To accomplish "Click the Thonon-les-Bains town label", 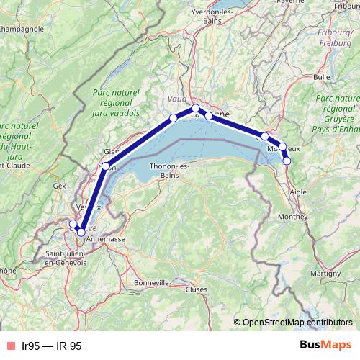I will click(168, 170).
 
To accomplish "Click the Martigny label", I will click(325, 274).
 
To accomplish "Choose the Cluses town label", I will click(196, 289).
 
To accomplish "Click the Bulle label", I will click(322, 76).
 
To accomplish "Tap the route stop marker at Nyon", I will click(106, 167).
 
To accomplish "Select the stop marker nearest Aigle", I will click(287, 161).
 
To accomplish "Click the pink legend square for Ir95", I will click(9, 346).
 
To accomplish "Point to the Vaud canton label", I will click(176, 98).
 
